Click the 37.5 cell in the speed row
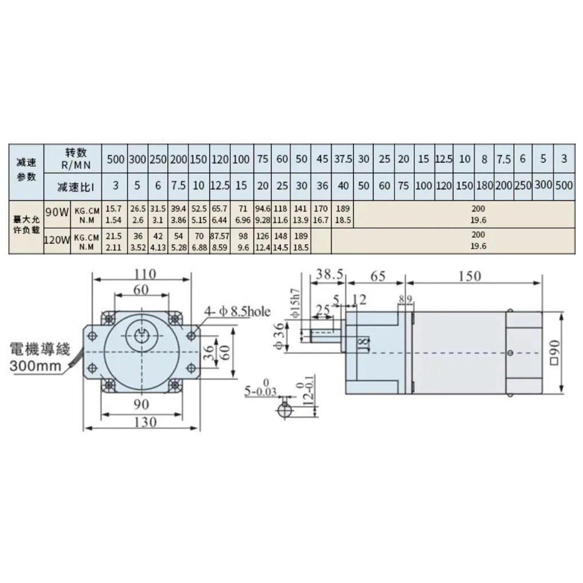(x=343, y=159)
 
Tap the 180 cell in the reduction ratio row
(x=484, y=186)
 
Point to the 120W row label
(x=57, y=241)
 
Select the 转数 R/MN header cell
(x=76, y=158)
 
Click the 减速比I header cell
(x=76, y=186)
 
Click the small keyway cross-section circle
(x=284, y=410)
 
